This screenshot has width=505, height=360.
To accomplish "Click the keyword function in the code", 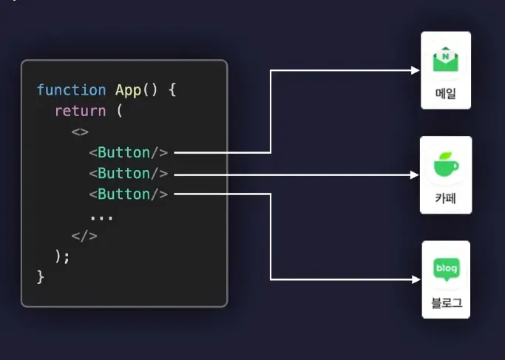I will point(71,90).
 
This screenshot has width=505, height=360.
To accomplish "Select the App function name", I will point(129,90).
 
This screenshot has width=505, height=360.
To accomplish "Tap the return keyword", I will point(80,111).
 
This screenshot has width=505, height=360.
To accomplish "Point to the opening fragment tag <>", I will point(80,132).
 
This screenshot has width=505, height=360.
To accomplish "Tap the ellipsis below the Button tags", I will point(101,217).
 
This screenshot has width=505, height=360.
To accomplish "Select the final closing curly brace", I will point(41,276).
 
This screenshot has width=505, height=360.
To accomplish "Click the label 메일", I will point(446,94).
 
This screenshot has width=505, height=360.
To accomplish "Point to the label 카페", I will point(445,198).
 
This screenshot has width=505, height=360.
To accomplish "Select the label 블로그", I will point(446,303).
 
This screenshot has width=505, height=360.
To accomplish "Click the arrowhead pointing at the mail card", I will point(416,70).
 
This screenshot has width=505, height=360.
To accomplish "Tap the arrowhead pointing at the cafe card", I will point(415,174).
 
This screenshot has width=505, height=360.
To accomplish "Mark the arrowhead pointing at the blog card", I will point(416,279).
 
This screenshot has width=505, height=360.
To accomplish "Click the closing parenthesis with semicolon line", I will point(62,256).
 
